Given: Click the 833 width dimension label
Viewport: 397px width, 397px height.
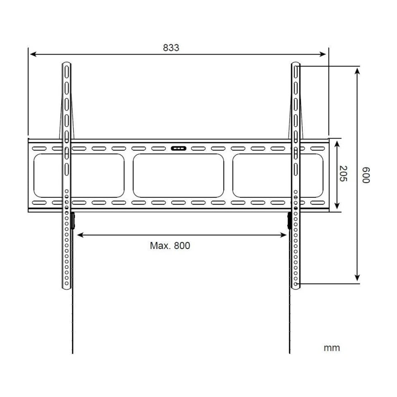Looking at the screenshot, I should click(171, 48).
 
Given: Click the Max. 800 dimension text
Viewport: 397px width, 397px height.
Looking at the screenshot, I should click(170, 246).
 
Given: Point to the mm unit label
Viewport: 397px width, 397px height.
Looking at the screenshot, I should click(332, 347).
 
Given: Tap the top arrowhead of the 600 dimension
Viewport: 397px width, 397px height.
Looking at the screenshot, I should click(358, 69).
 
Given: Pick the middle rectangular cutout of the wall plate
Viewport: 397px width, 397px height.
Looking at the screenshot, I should click(178, 175).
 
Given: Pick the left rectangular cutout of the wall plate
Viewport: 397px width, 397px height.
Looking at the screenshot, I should click(79, 175).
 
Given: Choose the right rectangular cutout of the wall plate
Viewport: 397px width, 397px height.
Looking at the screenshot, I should click(278, 175).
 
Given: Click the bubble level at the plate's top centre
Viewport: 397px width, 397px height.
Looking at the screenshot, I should click(178, 148).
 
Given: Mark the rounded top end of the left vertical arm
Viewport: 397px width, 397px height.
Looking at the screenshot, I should click(67, 65).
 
